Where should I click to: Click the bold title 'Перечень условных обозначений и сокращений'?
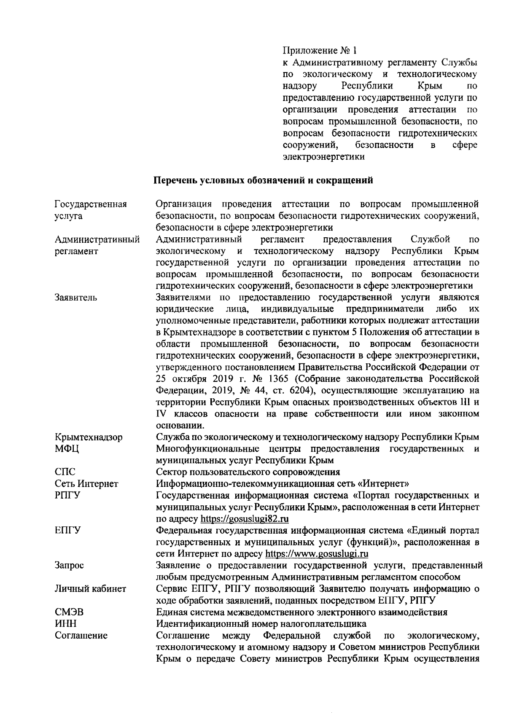(x=264, y=180)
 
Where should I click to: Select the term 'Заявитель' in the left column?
(x=76, y=298)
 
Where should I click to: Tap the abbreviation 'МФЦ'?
(x=67, y=448)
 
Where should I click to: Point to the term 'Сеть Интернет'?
(x=86, y=483)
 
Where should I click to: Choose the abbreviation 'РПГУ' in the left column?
(x=67, y=495)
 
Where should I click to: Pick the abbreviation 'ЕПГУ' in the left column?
(x=67, y=530)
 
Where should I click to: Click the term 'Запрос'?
(x=69, y=565)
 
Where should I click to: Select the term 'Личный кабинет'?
(x=90, y=589)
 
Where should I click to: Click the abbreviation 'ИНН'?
(x=65, y=623)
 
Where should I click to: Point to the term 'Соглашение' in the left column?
(x=81, y=635)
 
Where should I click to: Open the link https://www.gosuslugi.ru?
(x=317, y=553)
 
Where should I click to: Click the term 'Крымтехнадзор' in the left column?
(x=89, y=437)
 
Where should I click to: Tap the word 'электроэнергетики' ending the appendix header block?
(x=323, y=157)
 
